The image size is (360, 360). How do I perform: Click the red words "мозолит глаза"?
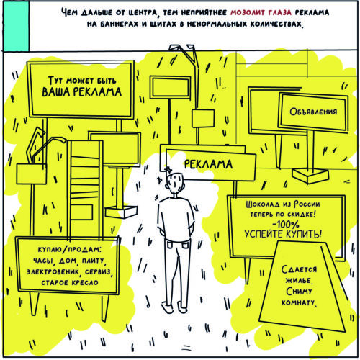[x=261, y=12]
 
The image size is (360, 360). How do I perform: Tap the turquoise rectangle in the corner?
[x=17, y=26]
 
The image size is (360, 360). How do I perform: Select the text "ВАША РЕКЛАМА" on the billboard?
[x=82, y=92]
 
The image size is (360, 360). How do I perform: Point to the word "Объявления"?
[x=313, y=112]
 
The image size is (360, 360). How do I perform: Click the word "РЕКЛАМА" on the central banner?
[x=208, y=164]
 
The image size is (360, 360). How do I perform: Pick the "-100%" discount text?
[x=286, y=225]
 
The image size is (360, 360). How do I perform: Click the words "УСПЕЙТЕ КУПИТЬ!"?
[x=283, y=234]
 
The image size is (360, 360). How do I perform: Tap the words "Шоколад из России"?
[x=283, y=204]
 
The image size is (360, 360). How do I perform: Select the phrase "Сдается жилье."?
[x=299, y=274]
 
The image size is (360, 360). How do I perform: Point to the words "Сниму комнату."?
[x=300, y=297]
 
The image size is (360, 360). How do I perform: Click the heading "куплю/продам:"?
[x=70, y=249]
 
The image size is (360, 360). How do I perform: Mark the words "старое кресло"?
[x=70, y=282]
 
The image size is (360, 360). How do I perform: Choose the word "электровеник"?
[x=53, y=271]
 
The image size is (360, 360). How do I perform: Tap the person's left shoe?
[x=167, y=307]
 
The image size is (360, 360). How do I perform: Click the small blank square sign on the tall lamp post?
[x=203, y=118]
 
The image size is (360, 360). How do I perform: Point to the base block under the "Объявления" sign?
[x=310, y=175]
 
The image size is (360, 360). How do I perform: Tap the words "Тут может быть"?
[x=82, y=81]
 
